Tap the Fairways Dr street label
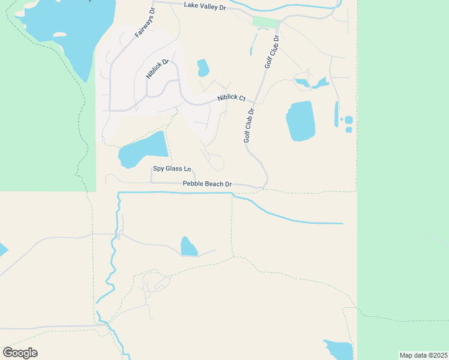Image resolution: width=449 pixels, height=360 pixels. pyautogui.click(x=144, y=23)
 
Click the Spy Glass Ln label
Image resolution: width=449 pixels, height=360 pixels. pyautogui.click(x=172, y=169)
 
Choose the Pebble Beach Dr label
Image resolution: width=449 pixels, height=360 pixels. pyautogui.click(x=207, y=184)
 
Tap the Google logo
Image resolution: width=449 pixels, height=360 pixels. pyautogui.click(x=20, y=353)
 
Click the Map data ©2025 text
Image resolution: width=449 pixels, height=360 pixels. pyautogui.click(x=423, y=355)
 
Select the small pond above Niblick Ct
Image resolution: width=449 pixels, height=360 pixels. pyautogui.click(x=203, y=68)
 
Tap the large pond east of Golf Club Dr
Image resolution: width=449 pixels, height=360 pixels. pyautogui.click(x=301, y=121)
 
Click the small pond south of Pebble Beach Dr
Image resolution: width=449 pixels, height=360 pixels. pyautogui.click(x=188, y=247)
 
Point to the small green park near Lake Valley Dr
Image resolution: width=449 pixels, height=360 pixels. pyautogui.click(x=266, y=22)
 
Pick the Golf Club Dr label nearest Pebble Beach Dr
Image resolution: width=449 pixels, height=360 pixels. pyautogui.click(x=249, y=125)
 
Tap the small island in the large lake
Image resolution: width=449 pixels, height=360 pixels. pyautogui.click(x=59, y=34)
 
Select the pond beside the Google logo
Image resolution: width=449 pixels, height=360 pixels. pyautogui.click(x=2, y=250)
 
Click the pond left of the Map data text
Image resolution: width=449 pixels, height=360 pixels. pyautogui.click(x=339, y=350)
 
